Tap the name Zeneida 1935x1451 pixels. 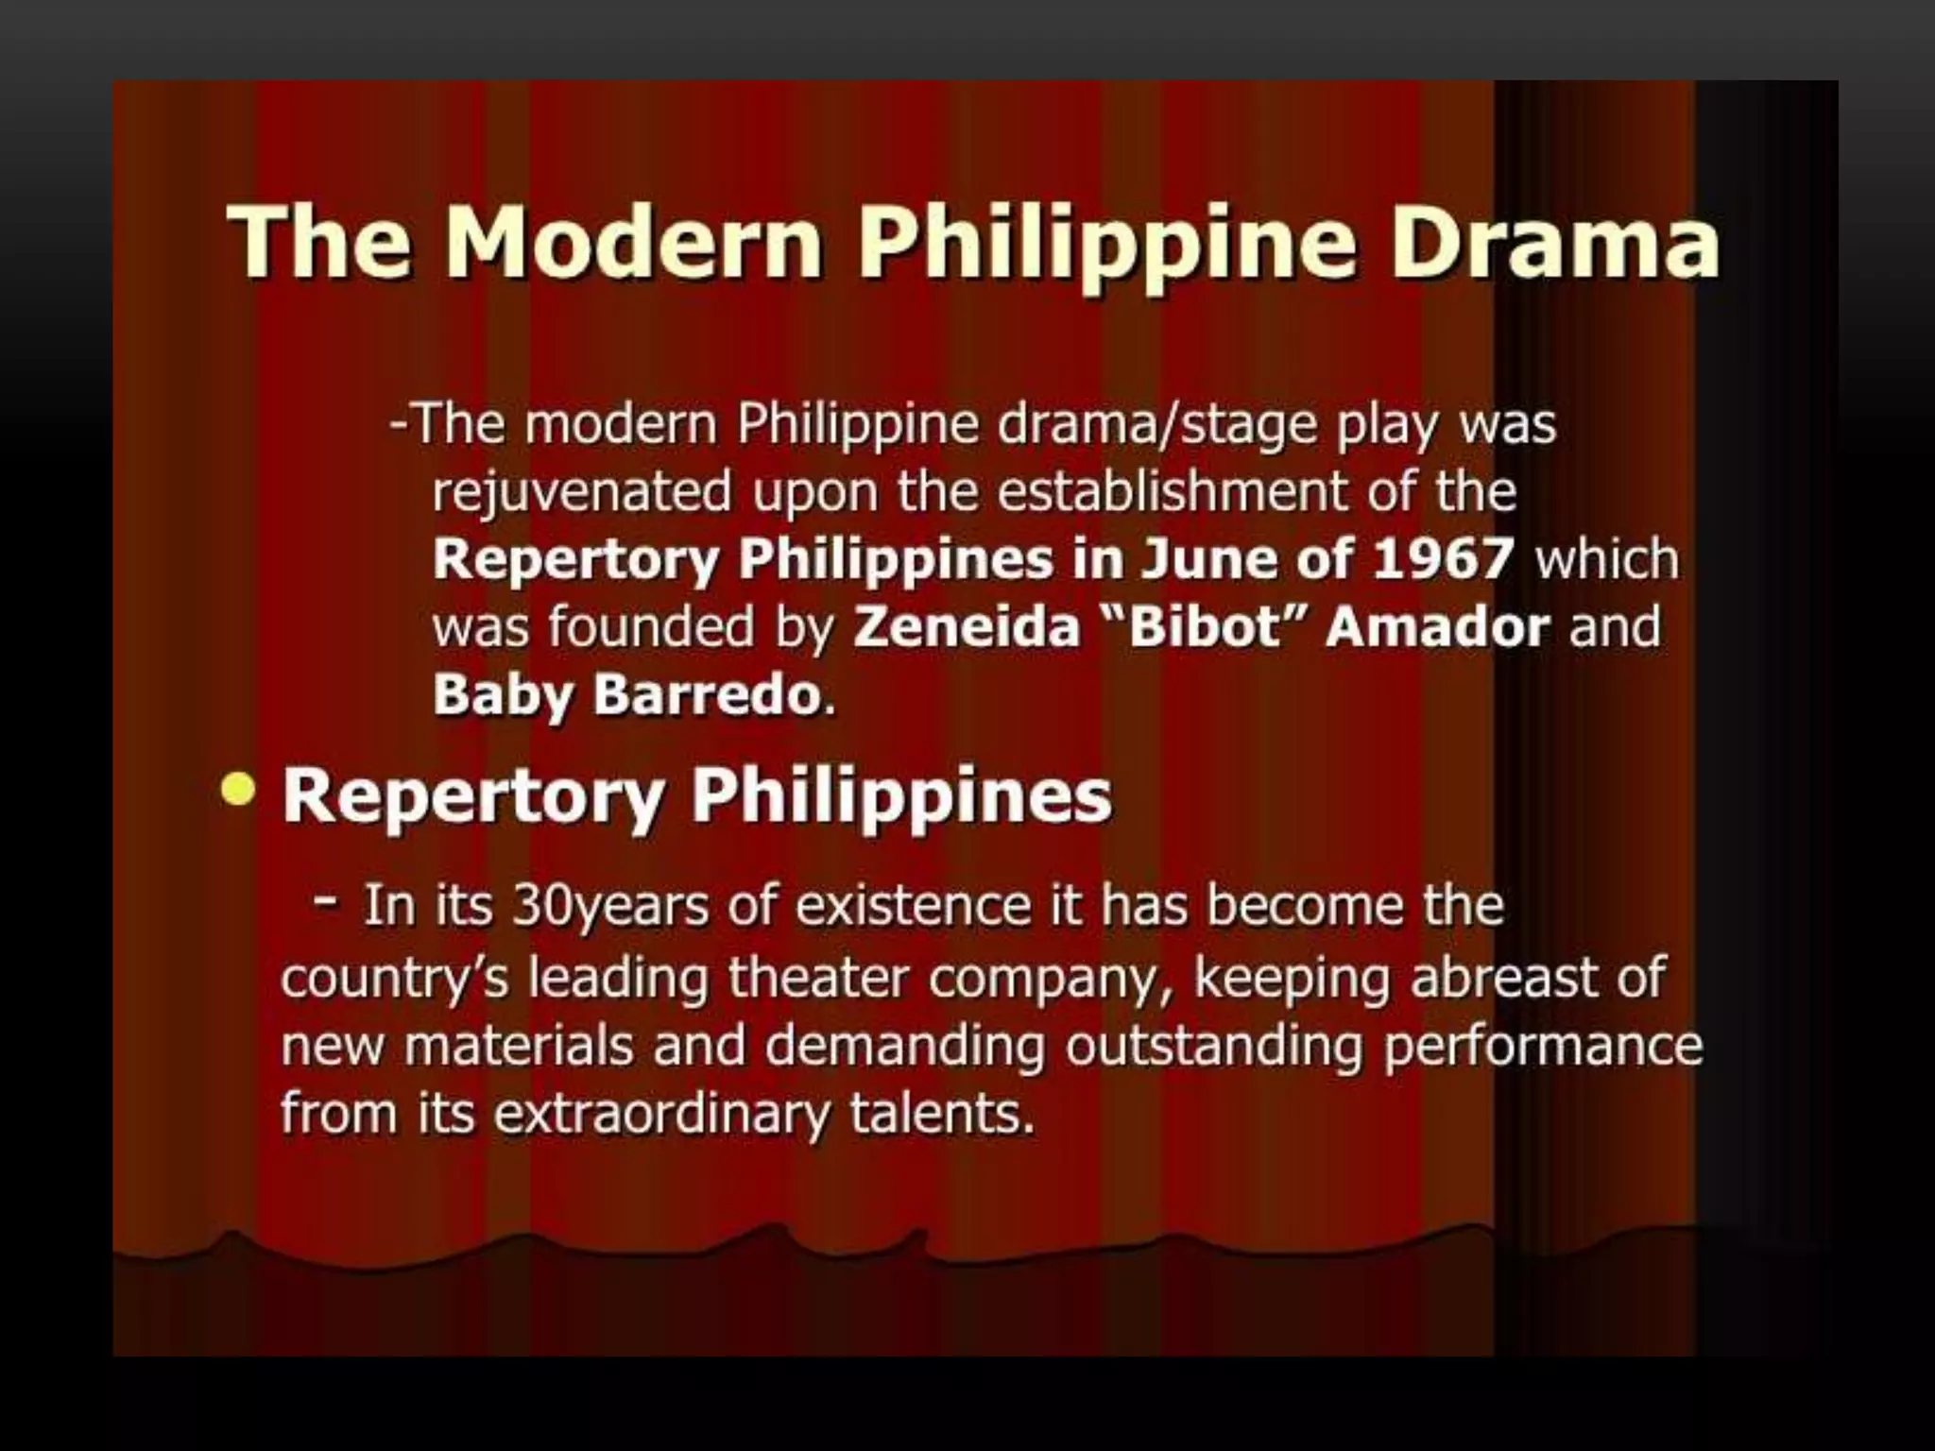point(966,626)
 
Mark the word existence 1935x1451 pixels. point(913,905)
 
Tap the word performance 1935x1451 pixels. point(1543,1047)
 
